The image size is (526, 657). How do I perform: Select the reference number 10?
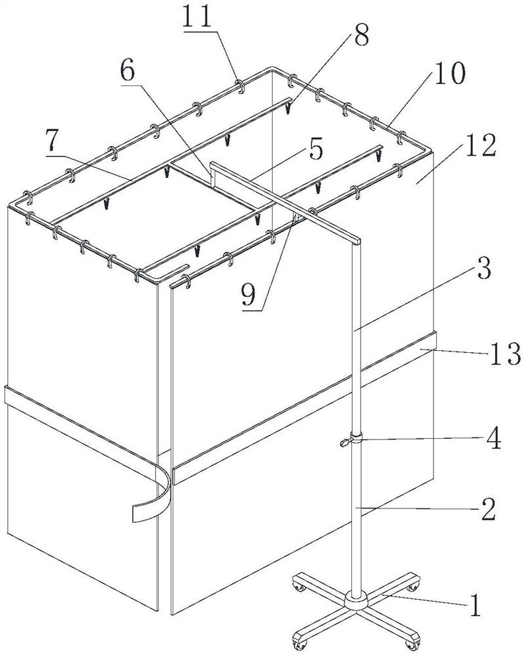click(449, 73)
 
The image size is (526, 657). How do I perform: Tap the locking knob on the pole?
click(345, 442)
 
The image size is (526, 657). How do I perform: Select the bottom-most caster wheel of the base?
click(300, 643)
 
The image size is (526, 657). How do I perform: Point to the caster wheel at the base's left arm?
click(299, 587)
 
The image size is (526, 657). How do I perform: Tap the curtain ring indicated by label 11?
click(240, 86)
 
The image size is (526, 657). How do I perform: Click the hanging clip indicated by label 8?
click(288, 109)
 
